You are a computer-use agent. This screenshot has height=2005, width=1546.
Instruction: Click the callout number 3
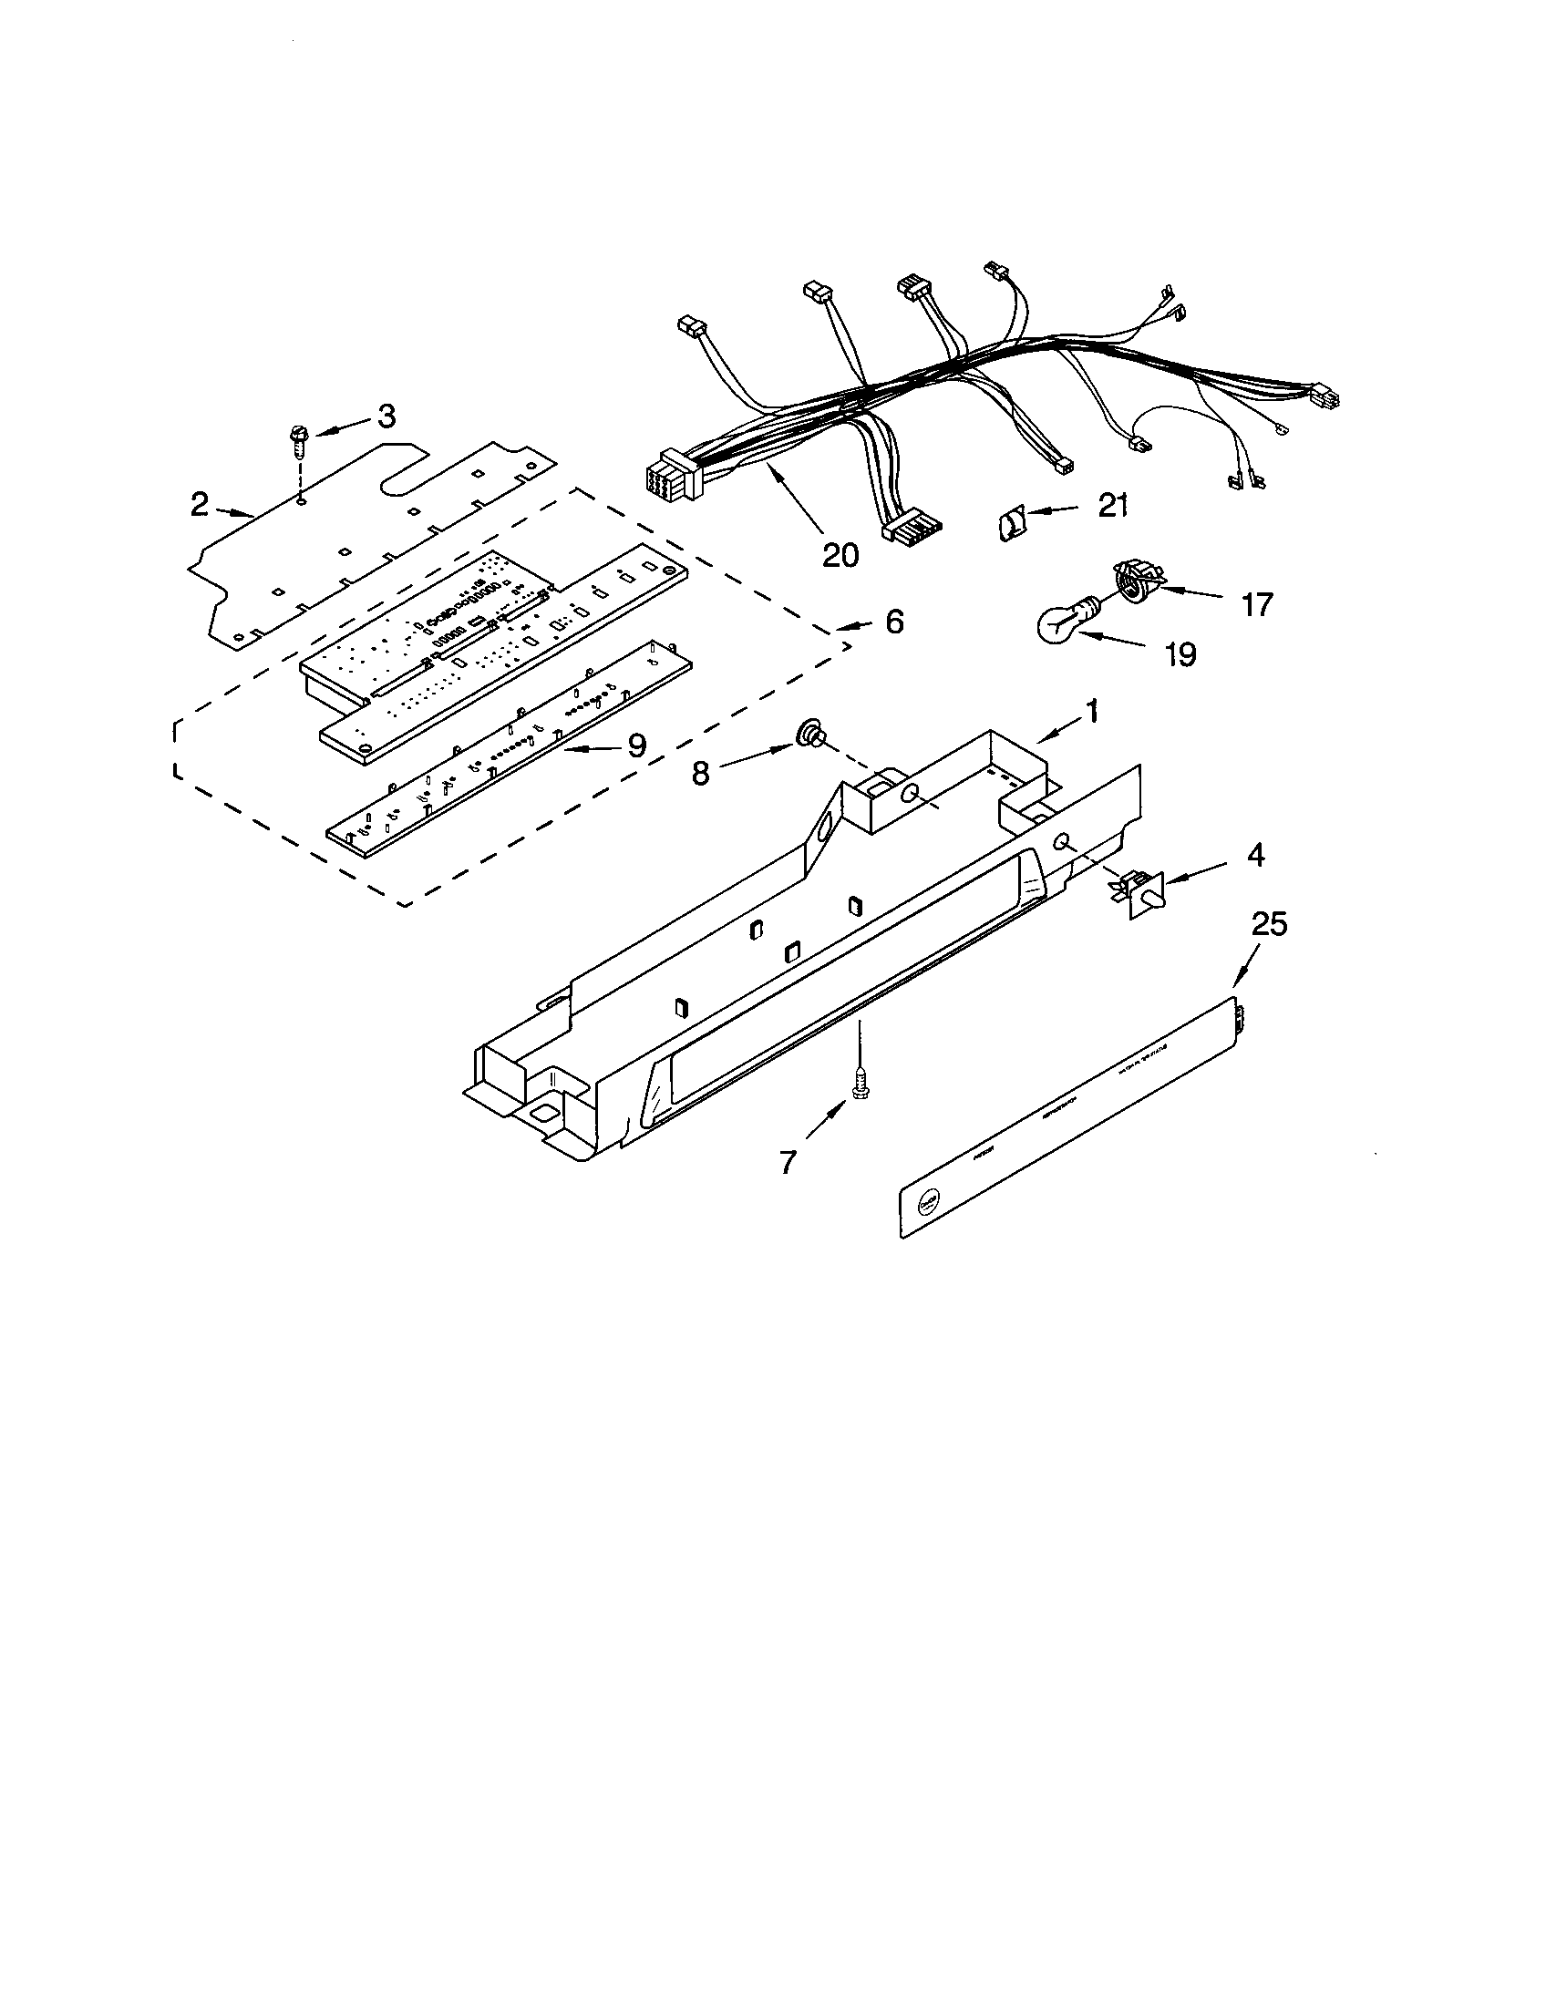[x=386, y=416]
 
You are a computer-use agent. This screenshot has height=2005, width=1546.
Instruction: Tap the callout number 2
[x=200, y=504]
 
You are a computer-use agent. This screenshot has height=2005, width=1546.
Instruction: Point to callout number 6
[x=894, y=622]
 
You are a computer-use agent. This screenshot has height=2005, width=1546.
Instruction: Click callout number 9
[x=636, y=745]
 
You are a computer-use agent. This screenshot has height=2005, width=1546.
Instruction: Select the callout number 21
[x=1113, y=505]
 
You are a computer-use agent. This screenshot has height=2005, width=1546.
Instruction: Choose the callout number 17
[x=1257, y=604]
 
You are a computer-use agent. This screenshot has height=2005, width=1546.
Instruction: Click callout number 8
[x=700, y=774]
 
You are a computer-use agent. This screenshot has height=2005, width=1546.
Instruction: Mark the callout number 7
[x=788, y=1162]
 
